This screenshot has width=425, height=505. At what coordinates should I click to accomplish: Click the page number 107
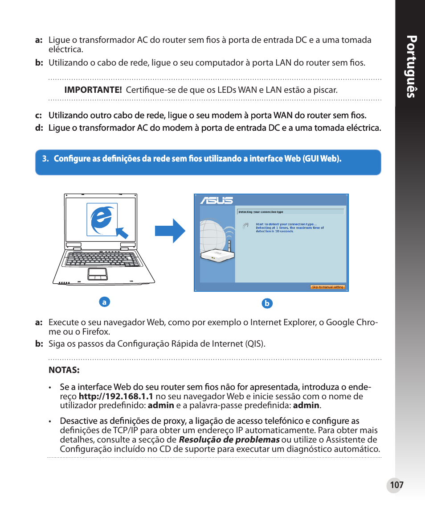click(x=396, y=485)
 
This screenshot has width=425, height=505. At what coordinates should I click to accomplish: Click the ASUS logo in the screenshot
click(x=217, y=200)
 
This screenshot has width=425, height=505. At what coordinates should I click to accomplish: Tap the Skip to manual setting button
click(x=327, y=287)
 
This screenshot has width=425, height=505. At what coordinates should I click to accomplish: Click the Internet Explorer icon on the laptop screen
click(x=102, y=219)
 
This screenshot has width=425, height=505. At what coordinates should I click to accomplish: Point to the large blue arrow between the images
click(x=170, y=231)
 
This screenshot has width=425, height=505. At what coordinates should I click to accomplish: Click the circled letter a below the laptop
click(x=104, y=302)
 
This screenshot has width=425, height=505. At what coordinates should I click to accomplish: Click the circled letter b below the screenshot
click(x=267, y=304)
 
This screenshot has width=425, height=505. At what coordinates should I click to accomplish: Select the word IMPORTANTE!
click(x=93, y=90)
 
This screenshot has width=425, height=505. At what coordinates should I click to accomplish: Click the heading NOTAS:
click(x=64, y=370)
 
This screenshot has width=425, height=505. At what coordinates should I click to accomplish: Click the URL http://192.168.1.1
click(x=116, y=396)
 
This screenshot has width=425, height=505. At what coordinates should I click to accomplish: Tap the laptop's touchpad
click(x=97, y=273)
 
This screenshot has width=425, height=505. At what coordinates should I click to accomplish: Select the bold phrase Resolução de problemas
click(x=229, y=439)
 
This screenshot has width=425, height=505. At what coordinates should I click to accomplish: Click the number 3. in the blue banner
click(x=45, y=159)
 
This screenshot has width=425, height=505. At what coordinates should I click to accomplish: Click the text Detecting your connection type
click(x=261, y=212)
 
